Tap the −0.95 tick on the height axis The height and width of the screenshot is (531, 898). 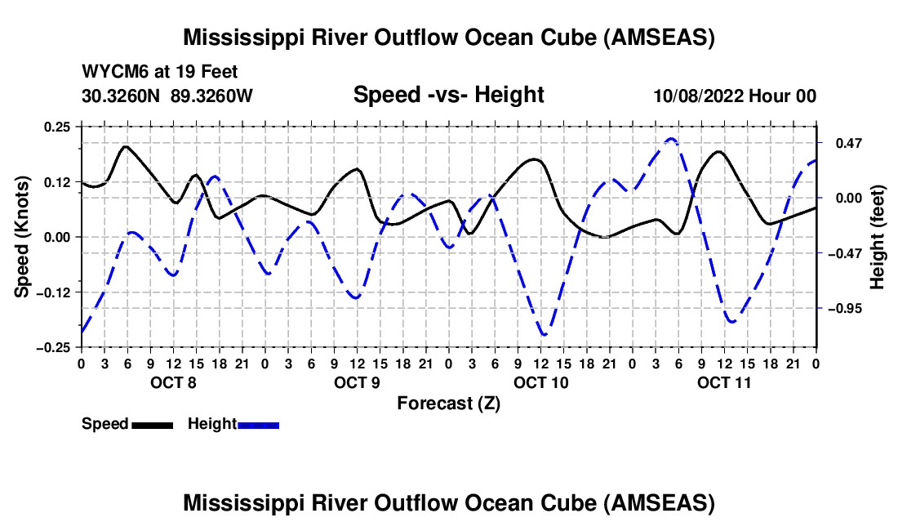point(849,309)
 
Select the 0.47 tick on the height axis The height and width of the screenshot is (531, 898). point(849,143)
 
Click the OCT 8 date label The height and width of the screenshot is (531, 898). point(174,382)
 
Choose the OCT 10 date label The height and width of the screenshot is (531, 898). point(541,382)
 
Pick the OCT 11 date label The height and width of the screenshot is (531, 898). point(724,382)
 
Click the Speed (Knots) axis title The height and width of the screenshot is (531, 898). point(22,237)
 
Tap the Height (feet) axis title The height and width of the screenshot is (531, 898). point(878,237)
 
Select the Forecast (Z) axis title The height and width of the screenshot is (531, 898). point(449,404)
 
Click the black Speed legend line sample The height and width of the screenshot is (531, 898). point(153,426)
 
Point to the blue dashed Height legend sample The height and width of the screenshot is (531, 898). point(258,426)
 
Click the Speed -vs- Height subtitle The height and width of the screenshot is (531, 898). point(449,95)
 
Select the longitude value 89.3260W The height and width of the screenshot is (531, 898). point(211,96)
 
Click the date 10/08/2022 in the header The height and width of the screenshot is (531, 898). point(699,96)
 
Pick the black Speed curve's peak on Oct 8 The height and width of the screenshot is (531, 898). point(126,147)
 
